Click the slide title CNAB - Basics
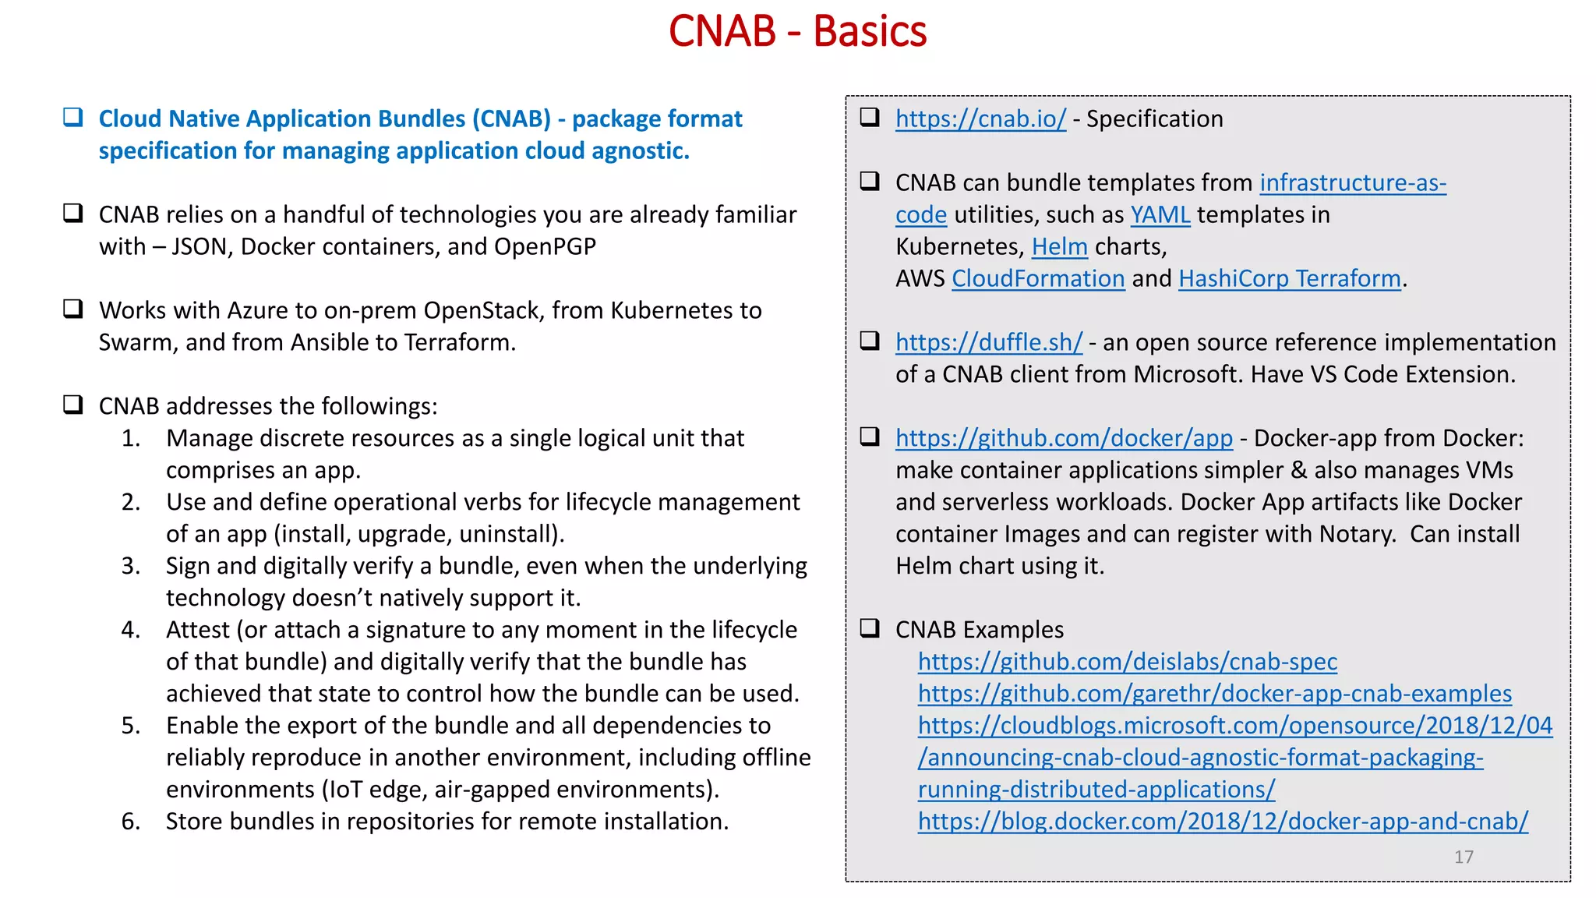pos(797,32)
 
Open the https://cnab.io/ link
pos(980,119)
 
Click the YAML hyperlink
pos(1160,215)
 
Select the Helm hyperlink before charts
pos(1059,247)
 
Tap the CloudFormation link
pos(1038,279)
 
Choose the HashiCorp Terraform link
pos(1290,279)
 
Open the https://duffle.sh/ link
pos(988,343)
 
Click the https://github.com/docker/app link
pos(1064,439)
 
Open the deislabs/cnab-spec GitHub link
pos(1127,663)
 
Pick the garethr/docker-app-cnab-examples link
pos(1214,695)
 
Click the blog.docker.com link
pos(1223,822)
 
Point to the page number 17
pos(1464,857)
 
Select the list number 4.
pos(130,631)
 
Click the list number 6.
pos(130,822)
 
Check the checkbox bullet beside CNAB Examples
pos(870,628)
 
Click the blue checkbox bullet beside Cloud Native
pos(73,118)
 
